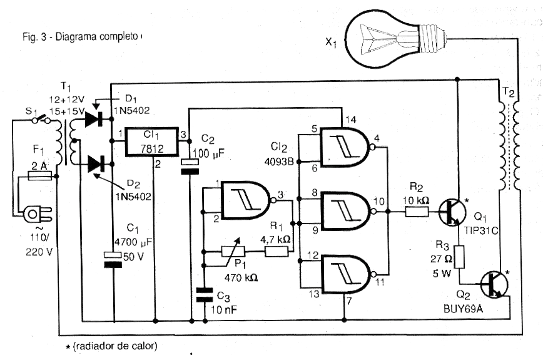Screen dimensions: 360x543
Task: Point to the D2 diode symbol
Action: pyautogui.click(x=96, y=165)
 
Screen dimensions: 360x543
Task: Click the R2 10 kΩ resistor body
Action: pyautogui.click(x=415, y=213)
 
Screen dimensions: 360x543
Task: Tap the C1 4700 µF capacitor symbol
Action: pyautogui.click(x=112, y=260)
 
